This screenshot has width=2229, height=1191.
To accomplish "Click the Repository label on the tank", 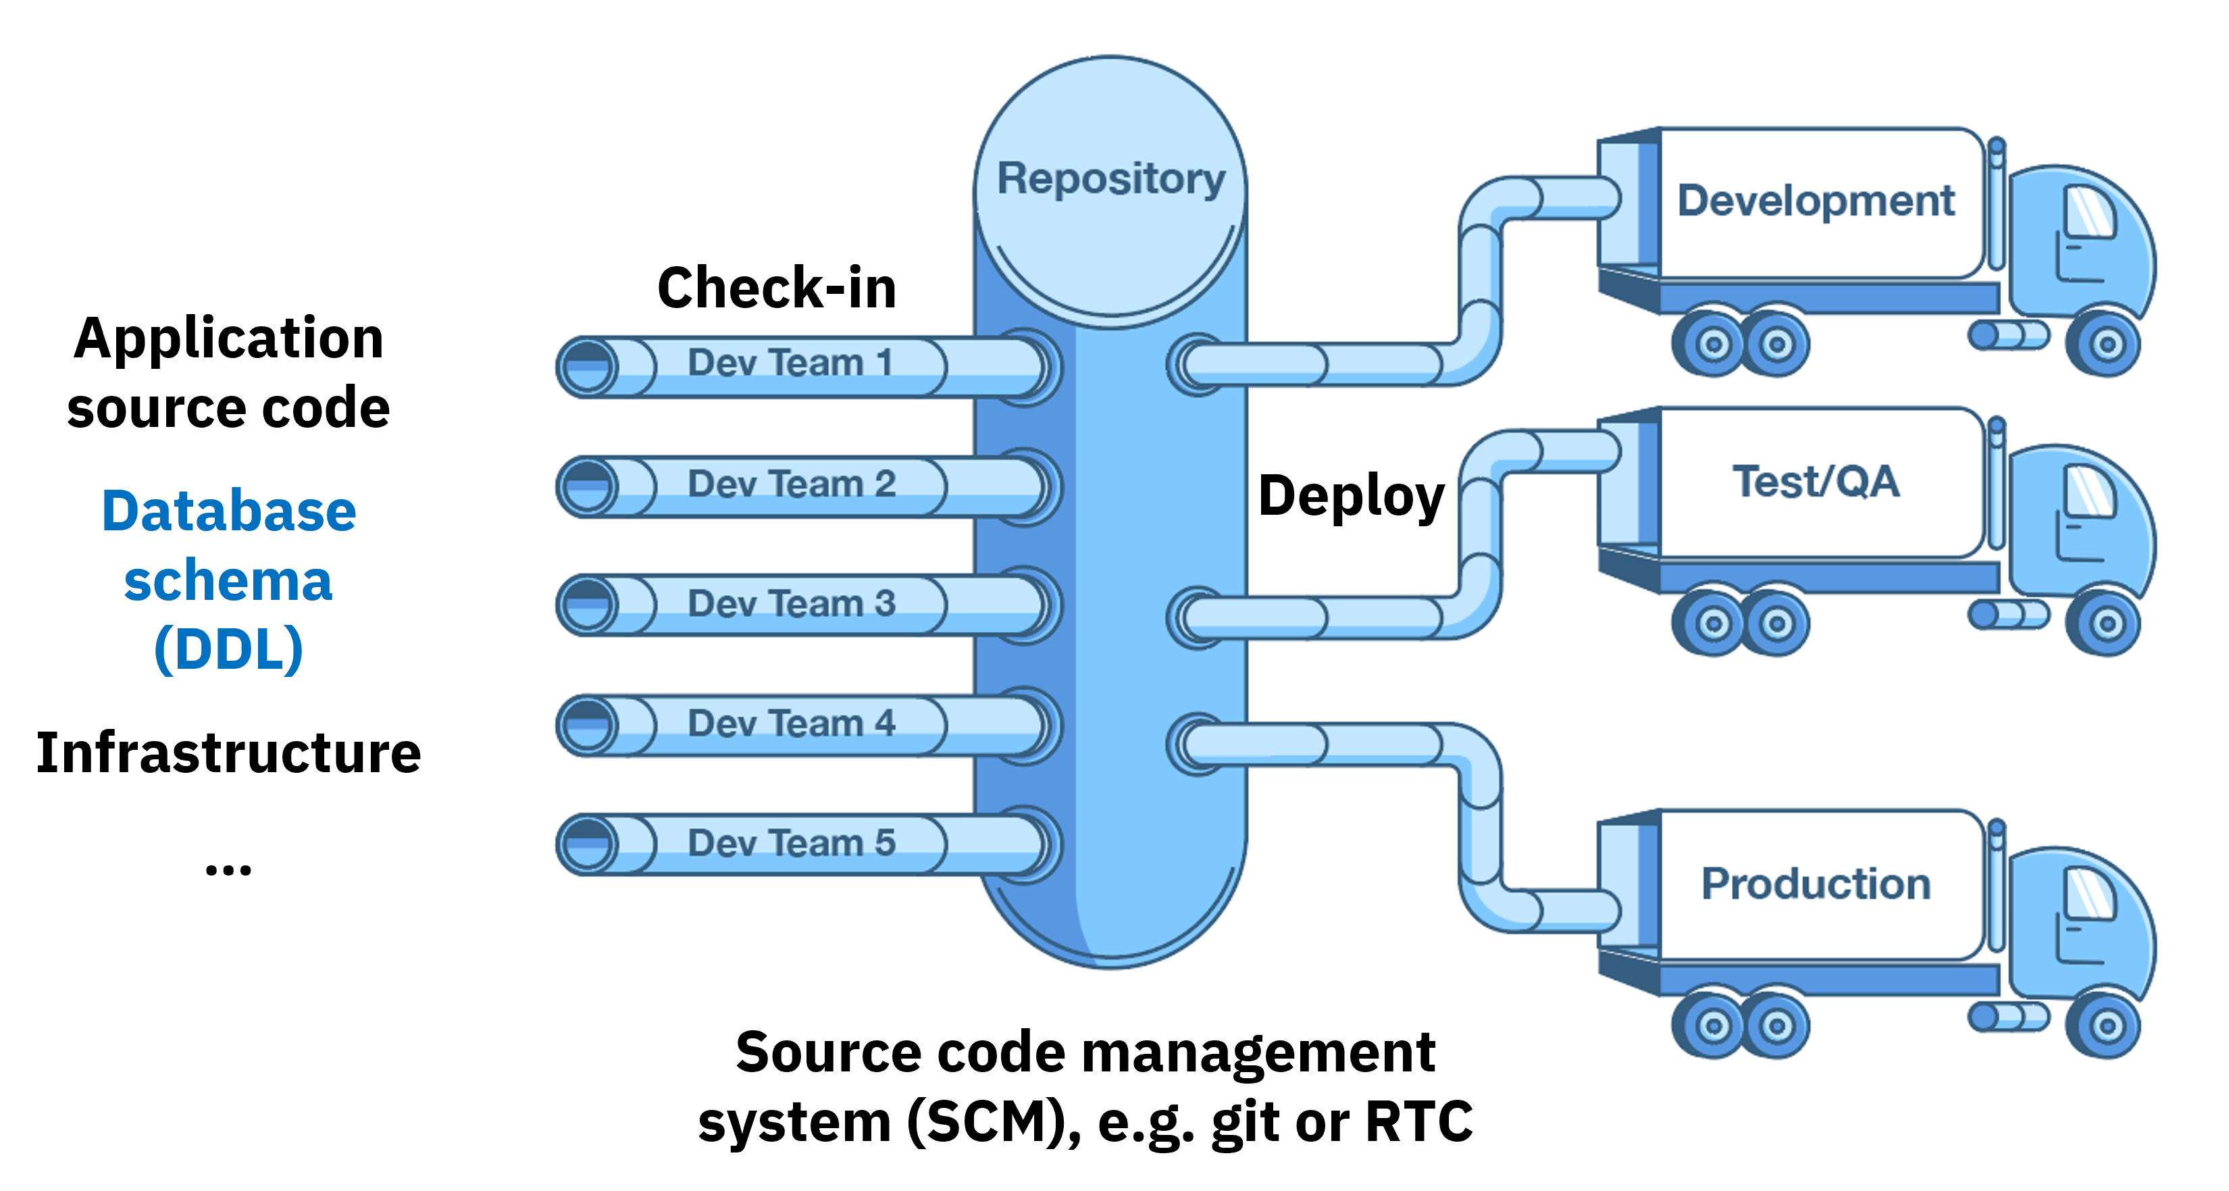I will click(1111, 179).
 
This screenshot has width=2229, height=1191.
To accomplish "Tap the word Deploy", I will click(1351, 496).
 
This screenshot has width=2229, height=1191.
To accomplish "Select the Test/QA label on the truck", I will click(1816, 481).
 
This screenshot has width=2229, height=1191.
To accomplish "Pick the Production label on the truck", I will click(1816, 884).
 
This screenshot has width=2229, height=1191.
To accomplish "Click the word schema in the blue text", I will click(228, 581).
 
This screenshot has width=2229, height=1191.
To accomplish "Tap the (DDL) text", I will click(228, 649).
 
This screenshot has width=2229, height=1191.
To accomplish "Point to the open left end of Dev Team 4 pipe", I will click(587, 726).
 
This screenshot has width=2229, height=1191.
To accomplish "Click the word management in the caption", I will click(1257, 1053).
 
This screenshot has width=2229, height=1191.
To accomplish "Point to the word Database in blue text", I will click(228, 511).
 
